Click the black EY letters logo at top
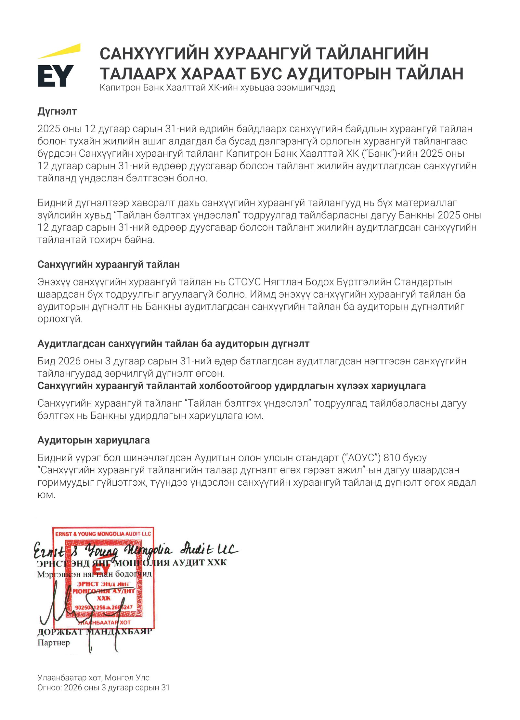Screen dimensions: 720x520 [55, 76]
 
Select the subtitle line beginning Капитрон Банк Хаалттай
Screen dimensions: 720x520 [217, 88]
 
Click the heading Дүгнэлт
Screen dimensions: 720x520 [57, 111]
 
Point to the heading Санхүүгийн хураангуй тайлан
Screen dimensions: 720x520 [109, 264]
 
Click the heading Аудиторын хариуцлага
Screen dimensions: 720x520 [94, 440]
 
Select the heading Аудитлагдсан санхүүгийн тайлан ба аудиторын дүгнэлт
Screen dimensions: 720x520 [173, 343]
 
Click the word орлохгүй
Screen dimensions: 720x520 [60, 319]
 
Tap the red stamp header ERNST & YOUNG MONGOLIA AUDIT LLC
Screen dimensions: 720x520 [103, 534]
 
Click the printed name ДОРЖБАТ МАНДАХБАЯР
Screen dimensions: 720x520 [95, 632]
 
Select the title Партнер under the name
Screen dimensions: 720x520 [54, 643]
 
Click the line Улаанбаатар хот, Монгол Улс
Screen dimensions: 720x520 [94, 677]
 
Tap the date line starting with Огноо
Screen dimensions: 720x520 [103, 687]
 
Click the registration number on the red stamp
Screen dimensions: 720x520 [104, 607]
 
